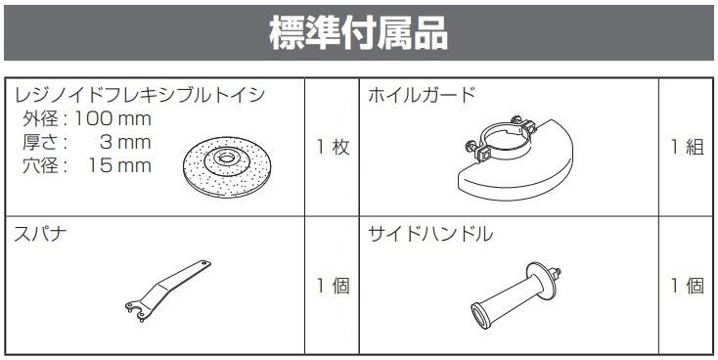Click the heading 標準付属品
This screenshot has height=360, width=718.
(x=359, y=33)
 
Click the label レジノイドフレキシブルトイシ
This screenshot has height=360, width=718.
(x=140, y=95)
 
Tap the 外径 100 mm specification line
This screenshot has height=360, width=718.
(x=87, y=119)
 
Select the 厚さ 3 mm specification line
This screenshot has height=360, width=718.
(x=87, y=143)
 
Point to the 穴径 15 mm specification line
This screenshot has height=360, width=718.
(x=87, y=165)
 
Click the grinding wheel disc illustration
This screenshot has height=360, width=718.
(x=225, y=166)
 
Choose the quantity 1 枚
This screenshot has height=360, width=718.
(x=334, y=148)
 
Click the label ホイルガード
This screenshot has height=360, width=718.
(x=422, y=95)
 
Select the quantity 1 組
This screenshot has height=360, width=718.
(x=688, y=148)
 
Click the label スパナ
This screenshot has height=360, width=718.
(x=40, y=234)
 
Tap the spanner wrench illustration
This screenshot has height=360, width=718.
(x=167, y=291)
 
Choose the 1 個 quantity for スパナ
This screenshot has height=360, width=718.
(x=334, y=287)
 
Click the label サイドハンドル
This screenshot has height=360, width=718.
(x=430, y=234)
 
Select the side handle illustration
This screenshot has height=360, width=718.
(x=516, y=296)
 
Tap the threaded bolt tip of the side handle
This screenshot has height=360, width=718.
(x=556, y=273)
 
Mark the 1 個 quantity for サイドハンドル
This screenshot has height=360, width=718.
(x=688, y=287)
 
